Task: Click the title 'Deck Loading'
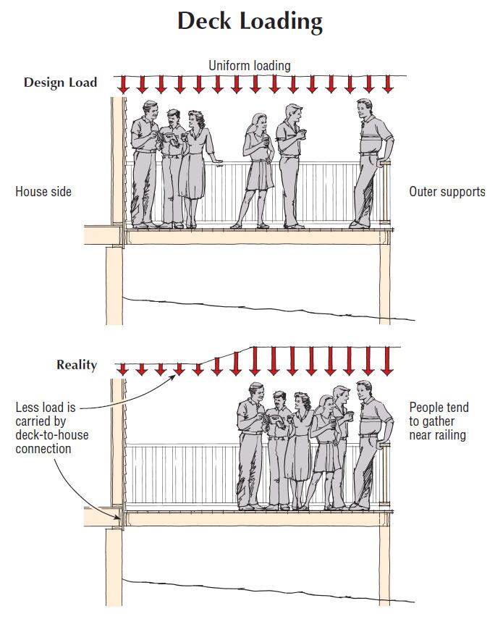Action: click(250, 22)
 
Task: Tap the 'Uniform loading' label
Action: click(250, 66)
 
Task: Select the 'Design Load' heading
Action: click(60, 83)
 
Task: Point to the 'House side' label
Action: click(43, 192)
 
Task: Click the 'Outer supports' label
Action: click(447, 192)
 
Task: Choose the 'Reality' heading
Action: click(77, 365)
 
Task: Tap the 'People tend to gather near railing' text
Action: click(439, 421)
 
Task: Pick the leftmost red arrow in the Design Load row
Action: click(124, 84)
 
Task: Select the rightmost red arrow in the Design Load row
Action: click(388, 84)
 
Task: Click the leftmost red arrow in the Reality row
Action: click(123, 369)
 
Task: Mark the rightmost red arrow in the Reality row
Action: click(388, 361)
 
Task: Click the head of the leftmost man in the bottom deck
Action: click(254, 393)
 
